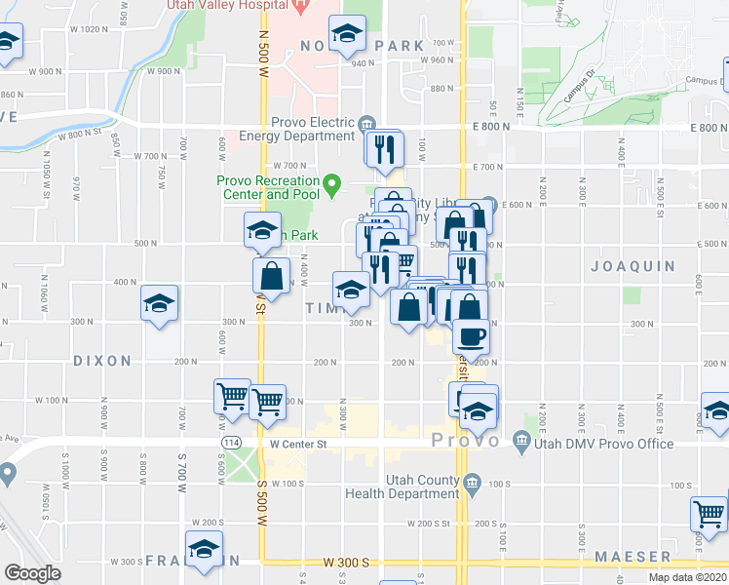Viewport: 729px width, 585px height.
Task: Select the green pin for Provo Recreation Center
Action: coord(332,182)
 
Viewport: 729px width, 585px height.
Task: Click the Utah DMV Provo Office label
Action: coord(604,444)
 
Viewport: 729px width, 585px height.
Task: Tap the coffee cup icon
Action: coord(473,336)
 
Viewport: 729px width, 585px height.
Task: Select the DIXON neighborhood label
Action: coord(102,361)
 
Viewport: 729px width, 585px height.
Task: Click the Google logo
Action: coord(32,573)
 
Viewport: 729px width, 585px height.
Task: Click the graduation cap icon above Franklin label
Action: coord(204,548)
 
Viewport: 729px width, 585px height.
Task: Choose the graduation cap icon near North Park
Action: coord(347,35)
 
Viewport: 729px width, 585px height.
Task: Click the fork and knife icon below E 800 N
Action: coord(384,147)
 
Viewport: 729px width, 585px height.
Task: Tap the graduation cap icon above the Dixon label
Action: coord(159,302)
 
